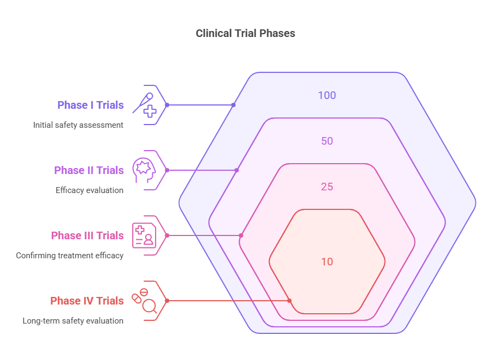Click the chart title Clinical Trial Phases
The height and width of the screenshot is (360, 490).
pos(245,33)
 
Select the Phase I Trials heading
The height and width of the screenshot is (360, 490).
pos(90,105)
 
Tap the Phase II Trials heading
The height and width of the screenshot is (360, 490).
pos(89,170)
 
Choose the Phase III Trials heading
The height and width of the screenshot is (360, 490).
pos(87,235)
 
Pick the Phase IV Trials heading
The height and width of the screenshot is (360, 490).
pos(87,301)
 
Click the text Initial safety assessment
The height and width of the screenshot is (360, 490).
pos(78,125)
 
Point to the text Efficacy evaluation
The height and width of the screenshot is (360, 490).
pos(89,190)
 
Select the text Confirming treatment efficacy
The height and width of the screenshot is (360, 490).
pos(70,256)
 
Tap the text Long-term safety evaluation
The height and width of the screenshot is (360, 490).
pos(73,321)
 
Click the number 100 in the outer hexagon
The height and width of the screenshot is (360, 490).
pos(327,96)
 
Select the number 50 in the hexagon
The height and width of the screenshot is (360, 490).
pos(327,141)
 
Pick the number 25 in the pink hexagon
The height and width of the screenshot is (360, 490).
pos(327,187)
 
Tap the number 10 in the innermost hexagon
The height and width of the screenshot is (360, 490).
pos(327,262)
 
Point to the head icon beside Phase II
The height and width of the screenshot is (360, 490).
pos(144,170)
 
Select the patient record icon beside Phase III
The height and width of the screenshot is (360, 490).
pos(144,235)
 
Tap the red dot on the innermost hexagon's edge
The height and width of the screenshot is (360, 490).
pos(289,301)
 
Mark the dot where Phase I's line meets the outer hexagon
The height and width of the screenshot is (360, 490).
pos(233,105)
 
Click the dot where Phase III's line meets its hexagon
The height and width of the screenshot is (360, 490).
pos(241,235)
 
